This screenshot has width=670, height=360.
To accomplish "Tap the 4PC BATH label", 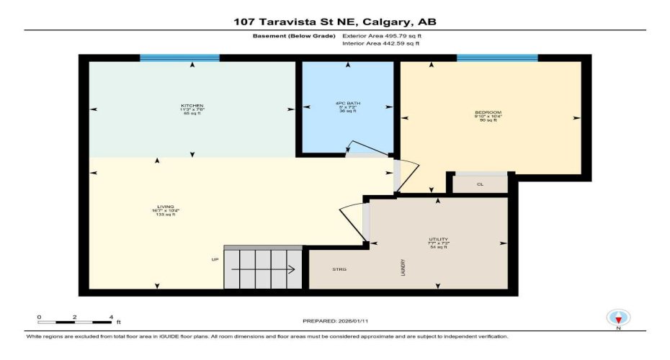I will pyautogui.click(x=347, y=104).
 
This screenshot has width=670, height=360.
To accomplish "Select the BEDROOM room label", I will pyautogui.click(x=488, y=112).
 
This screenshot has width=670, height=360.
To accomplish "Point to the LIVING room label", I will pyautogui.click(x=165, y=206).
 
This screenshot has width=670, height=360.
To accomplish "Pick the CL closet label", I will pyautogui.click(x=481, y=184).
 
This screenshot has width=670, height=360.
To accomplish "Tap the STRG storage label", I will pyautogui.click(x=339, y=269).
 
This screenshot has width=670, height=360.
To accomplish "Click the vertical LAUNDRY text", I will pyautogui.click(x=404, y=268).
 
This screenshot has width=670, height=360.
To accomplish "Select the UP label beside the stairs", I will pyautogui.click(x=215, y=259).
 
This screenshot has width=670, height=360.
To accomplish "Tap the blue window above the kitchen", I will pyautogui.click(x=179, y=58).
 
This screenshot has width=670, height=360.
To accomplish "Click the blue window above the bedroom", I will pyautogui.click(x=497, y=58).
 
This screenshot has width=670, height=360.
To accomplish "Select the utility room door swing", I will pyautogui.click(x=352, y=220).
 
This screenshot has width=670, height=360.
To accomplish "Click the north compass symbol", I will pyautogui.click(x=618, y=318).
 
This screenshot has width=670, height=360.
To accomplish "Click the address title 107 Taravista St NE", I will pyautogui.click(x=334, y=22).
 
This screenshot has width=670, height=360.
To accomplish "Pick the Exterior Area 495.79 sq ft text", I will pyautogui.click(x=382, y=35).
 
